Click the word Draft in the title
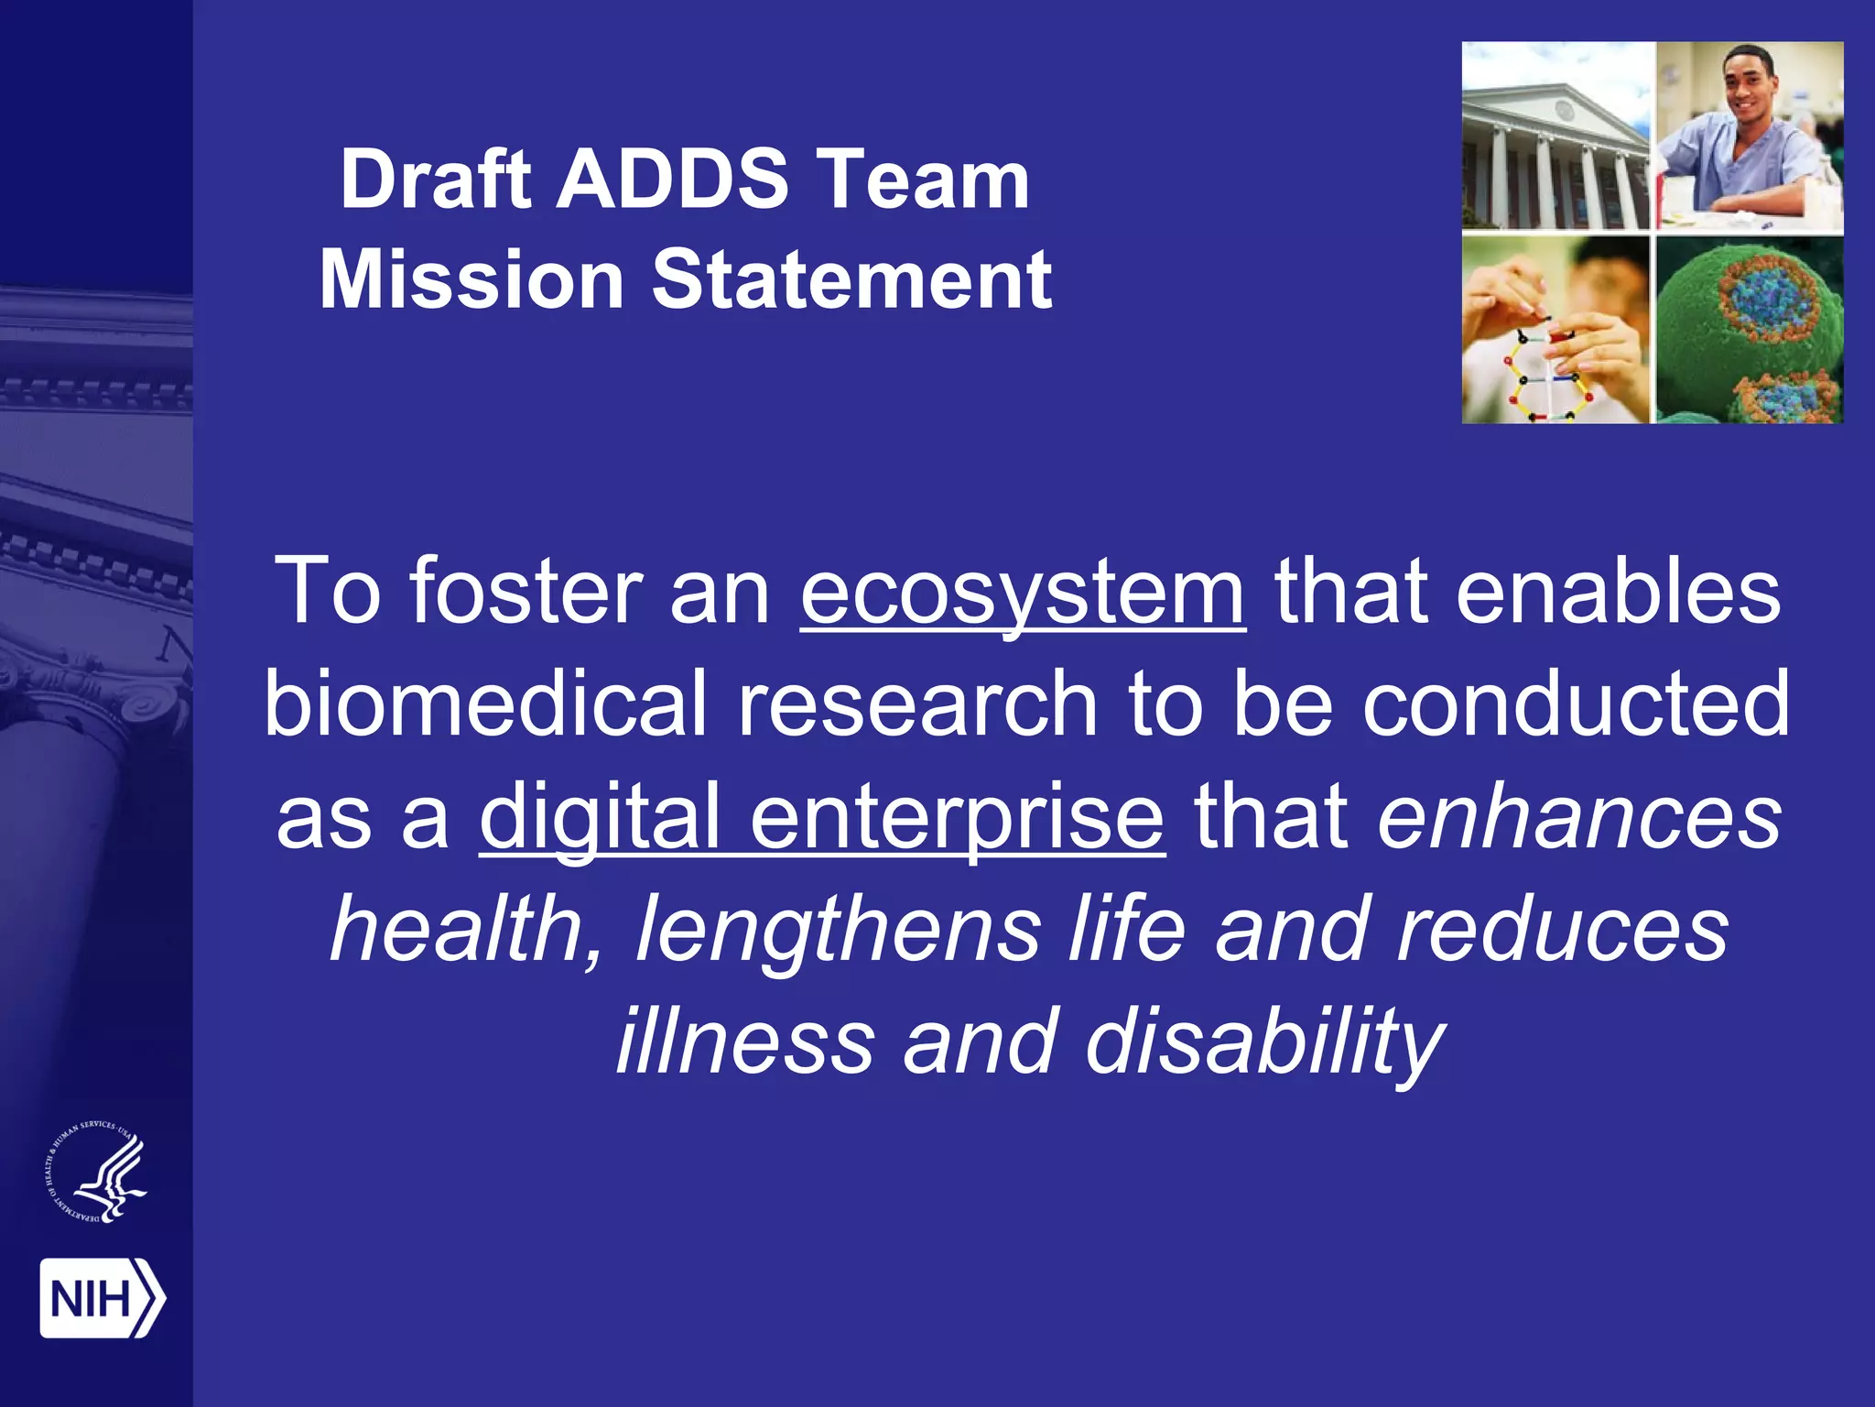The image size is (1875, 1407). pyautogui.click(x=435, y=180)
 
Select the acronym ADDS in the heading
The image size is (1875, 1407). pyautogui.click(x=673, y=180)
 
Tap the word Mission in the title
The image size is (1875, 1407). pyautogui.click(x=471, y=280)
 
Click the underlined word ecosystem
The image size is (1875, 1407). pyautogui.click(x=1022, y=594)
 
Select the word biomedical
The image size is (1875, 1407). pyautogui.click(x=485, y=703)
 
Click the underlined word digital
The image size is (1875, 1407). pyautogui.click(x=600, y=815)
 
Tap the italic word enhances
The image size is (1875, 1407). pyautogui.click(x=1579, y=815)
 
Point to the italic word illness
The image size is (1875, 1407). pyautogui.click(x=744, y=1042)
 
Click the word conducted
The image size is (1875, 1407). pyautogui.click(x=1575, y=703)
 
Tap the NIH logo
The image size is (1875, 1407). pyautogui.click(x=102, y=1298)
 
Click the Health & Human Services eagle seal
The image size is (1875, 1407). pyautogui.click(x=97, y=1174)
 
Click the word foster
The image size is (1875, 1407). pyautogui.click(x=526, y=594)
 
